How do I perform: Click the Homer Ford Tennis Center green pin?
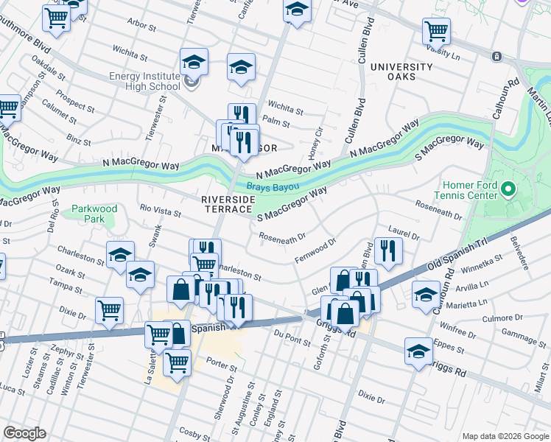[x=508, y=191]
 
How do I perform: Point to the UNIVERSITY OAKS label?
[x=401, y=71]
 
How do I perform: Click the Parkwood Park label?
[x=95, y=214]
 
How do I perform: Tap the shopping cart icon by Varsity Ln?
[x=437, y=31]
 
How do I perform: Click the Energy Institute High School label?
[x=144, y=81]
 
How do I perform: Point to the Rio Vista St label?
[x=161, y=212]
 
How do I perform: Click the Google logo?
[x=24, y=433]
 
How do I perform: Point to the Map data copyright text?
[x=505, y=435]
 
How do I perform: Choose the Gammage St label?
[x=520, y=334]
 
